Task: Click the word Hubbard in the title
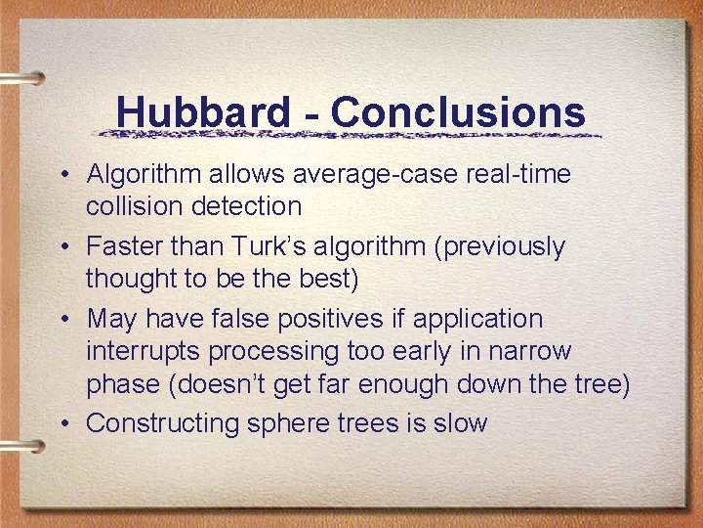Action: pos(202,112)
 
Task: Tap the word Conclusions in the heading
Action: pos(458,112)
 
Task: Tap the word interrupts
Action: pos(140,351)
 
